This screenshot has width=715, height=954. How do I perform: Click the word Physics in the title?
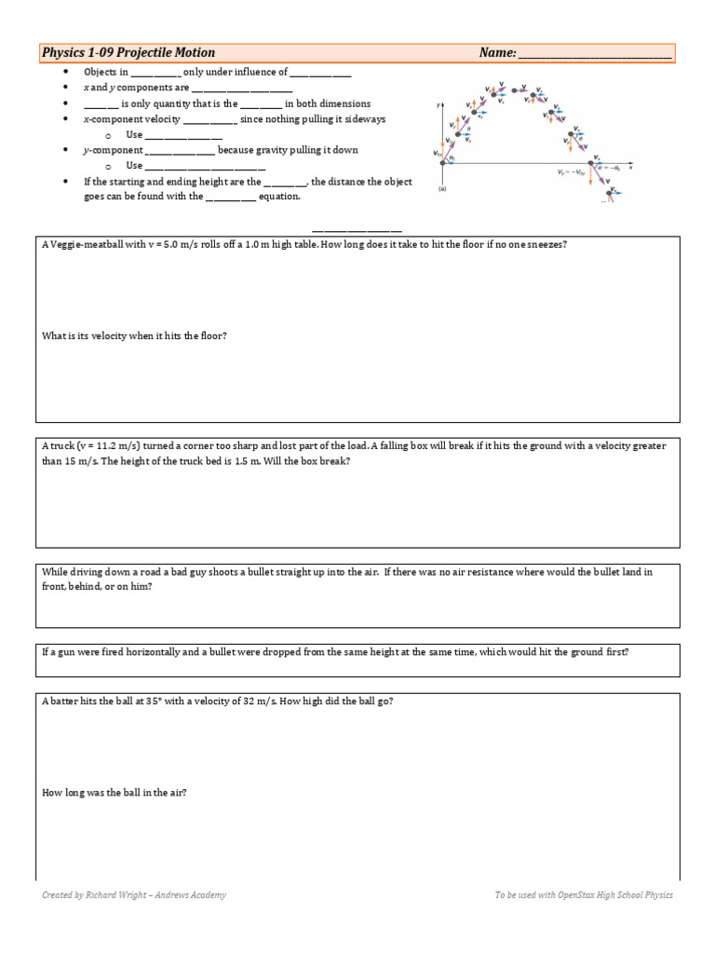pyautogui.click(x=64, y=53)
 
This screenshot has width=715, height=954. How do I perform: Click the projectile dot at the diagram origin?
pyautogui.click(x=442, y=163)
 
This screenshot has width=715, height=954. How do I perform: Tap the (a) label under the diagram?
pyautogui.click(x=441, y=188)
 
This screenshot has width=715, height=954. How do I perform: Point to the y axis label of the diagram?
pyautogui.click(x=437, y=105)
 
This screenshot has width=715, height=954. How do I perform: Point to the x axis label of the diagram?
pyautogui.click(x=630, y=169)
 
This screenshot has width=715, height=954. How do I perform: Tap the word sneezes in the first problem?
pyautogui.click(x=542, y=244)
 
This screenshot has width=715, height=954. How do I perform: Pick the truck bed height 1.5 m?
pyautogui.click(x=237, y=461)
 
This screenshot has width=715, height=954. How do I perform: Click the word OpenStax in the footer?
pyautogui.click(x=573, y=895)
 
